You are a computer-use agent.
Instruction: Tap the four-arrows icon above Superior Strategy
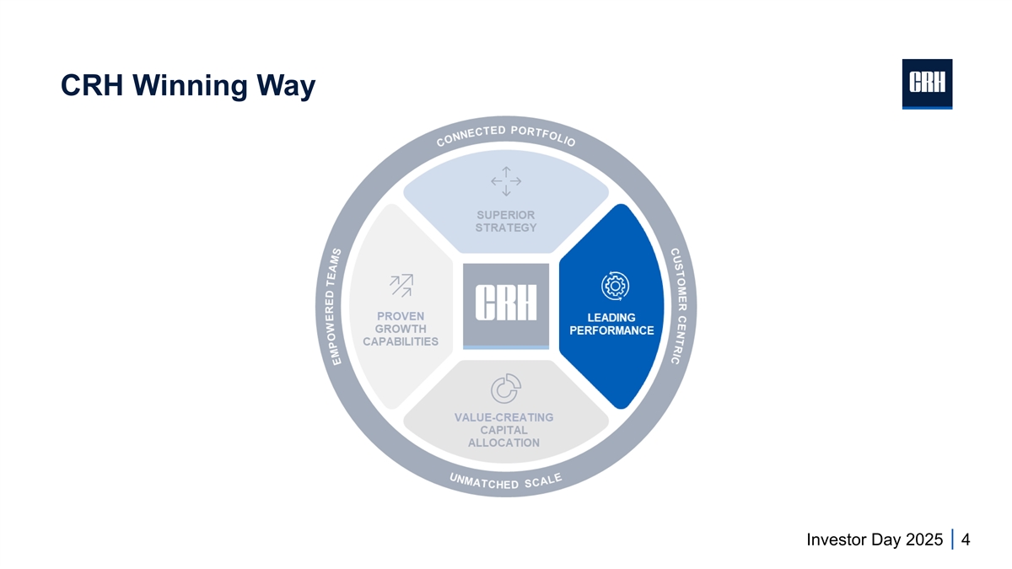point(506,180)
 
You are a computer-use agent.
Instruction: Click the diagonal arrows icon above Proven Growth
point(400,286)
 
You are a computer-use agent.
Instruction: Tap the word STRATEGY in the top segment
point(506,228)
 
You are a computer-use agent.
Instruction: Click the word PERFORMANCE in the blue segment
point(611,330)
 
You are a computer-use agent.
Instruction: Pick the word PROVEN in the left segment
point(401,315)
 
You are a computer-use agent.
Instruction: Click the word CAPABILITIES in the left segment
point(401,341)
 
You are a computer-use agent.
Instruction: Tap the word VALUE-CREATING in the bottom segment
point(505,417)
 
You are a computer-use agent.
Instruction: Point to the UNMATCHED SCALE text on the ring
point(506,483)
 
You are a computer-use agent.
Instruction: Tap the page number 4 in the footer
point(965,539)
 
